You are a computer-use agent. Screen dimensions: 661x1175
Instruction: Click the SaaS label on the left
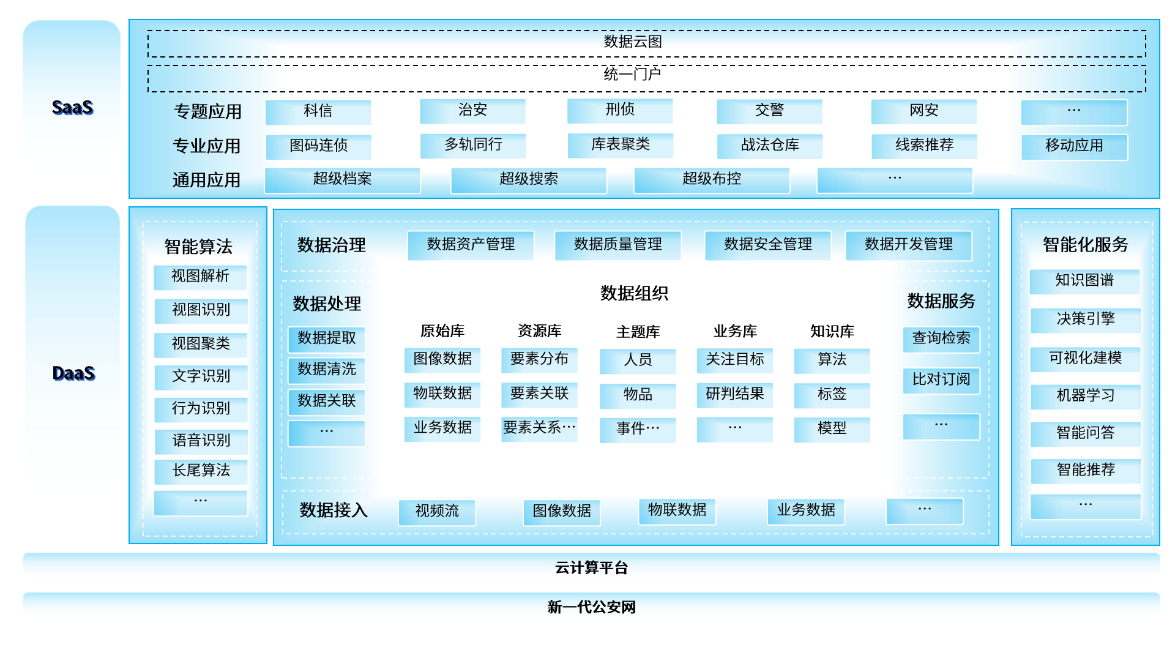[72, 108]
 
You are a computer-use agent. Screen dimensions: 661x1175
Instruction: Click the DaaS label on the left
[73, 373]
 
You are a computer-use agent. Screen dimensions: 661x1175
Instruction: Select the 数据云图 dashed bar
[633, 42]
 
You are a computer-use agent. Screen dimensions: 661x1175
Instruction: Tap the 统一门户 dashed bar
[633, 75]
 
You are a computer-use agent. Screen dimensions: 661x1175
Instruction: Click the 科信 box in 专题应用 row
[318, 111]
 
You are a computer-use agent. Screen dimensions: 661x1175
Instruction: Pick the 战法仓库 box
[770, 146]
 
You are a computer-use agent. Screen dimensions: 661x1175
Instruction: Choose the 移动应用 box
[1074, 146]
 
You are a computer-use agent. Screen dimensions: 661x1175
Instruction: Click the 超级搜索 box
[529, 179]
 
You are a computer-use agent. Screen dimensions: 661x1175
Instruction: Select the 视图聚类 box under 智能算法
[201, 344]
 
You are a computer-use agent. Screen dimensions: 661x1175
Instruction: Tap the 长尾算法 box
[201, 471]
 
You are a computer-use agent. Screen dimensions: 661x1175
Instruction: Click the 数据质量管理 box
[617, 245]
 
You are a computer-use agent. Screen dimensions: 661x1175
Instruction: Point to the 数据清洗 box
[327, 370]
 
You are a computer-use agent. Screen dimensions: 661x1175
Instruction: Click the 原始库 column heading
[442, 331]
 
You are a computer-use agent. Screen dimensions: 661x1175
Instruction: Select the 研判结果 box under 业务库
[734, 394]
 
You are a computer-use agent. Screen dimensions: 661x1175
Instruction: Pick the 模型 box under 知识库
[832, 428]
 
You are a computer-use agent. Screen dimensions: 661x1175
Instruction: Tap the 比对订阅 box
[941, 380]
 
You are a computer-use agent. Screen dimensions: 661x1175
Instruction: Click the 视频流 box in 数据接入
[437, 511]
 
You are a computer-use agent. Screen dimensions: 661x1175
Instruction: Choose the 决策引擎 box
[1085, 319]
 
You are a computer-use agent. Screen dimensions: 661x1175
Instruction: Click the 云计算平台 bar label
[591, 568]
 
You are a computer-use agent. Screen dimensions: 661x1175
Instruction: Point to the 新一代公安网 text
[591, 607]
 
